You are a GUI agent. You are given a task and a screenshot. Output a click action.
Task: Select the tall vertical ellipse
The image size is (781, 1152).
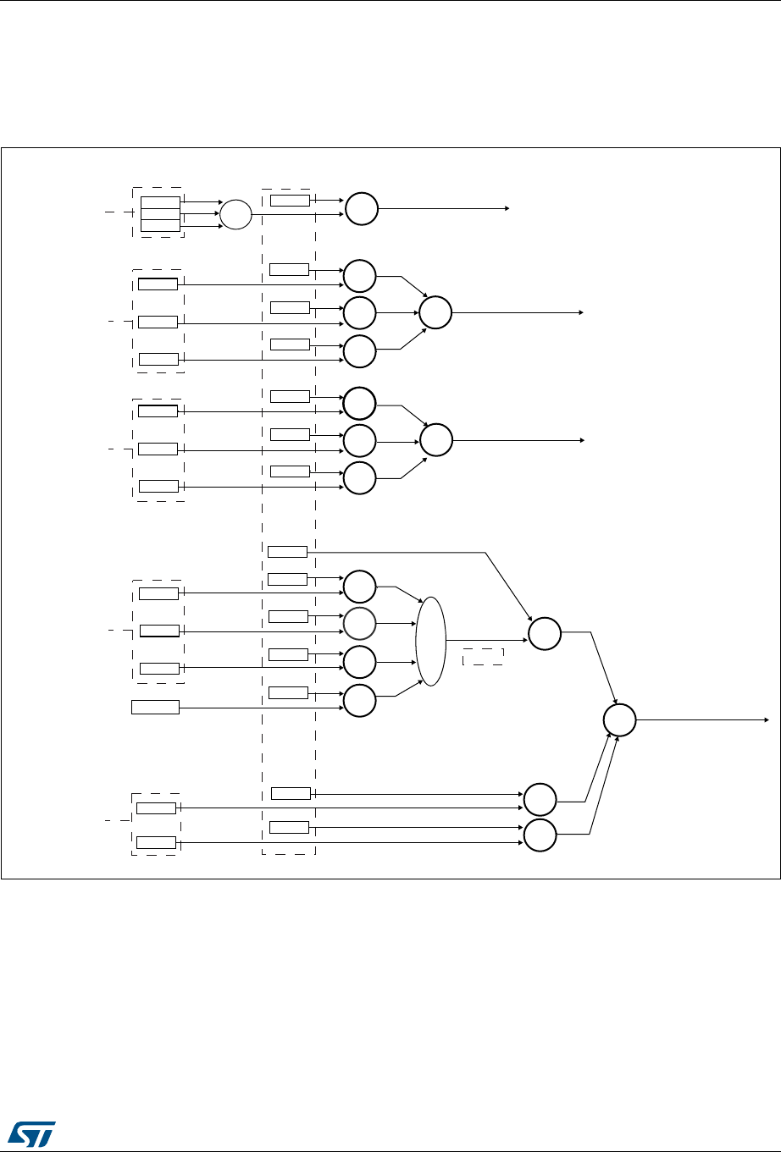coord(430,641)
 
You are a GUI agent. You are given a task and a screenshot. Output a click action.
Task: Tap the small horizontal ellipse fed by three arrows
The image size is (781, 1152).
coord(236,214)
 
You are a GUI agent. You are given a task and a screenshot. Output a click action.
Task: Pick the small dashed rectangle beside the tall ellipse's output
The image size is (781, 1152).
coord(483,657)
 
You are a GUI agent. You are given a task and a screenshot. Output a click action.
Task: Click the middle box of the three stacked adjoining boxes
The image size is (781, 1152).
coord(160,213)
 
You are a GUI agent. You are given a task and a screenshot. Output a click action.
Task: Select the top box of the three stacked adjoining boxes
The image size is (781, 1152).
coord(160,201)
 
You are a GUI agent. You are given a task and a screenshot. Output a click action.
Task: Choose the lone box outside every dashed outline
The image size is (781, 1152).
coord(155,706)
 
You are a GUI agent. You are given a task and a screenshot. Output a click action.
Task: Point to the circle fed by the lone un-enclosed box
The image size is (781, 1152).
coord(359,701)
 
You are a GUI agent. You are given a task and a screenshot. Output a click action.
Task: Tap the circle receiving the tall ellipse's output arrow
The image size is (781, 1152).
coord(544,634)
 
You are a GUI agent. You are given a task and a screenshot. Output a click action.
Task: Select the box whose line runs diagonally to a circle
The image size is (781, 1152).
coord(287,553)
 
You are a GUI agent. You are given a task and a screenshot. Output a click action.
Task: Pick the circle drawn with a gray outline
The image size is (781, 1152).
coord(359,624)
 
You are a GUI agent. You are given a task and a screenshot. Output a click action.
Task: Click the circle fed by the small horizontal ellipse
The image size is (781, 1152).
coord(360,208)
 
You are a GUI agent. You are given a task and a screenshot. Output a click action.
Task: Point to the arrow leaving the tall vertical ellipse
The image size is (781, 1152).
coord(483,641)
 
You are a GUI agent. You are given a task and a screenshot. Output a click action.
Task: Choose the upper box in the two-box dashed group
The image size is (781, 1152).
coord(156,808)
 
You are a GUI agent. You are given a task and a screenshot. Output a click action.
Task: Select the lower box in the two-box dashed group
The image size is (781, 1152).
coord(156,842)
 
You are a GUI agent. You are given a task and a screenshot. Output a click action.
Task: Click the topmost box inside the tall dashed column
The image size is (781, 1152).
coord(290,200)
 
